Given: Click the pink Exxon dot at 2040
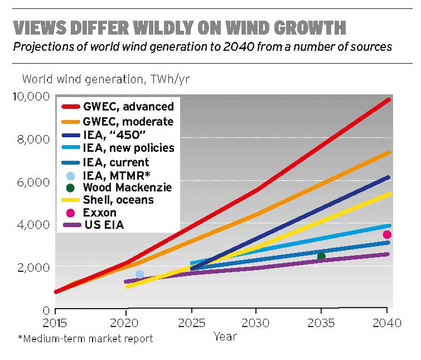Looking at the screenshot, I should (x=387, y=234).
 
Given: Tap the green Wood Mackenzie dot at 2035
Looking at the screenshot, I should (x=321, y=256).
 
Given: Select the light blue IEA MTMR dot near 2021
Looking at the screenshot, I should (x=140, y=274).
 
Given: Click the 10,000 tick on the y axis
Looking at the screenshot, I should (x=31, y=96).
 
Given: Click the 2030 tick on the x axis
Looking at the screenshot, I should (x=255, y=323).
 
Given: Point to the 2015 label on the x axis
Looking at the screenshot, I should (x=55, y=323).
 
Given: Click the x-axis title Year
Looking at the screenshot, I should (x=225, y=337).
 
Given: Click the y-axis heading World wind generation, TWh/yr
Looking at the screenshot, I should (x=105, y=79).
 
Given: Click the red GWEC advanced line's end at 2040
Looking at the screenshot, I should (x=389, y=100).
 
